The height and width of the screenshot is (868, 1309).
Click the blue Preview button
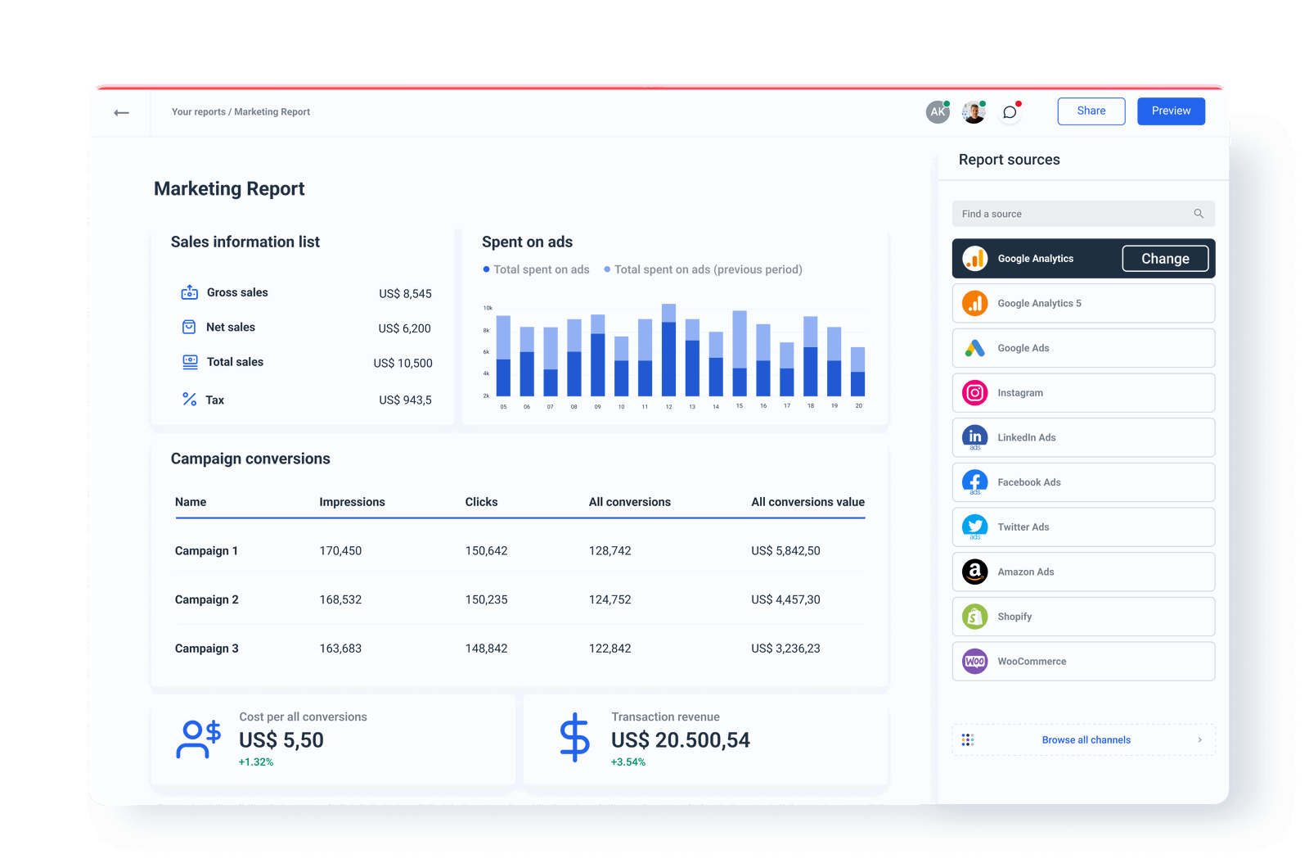click(1171, 111)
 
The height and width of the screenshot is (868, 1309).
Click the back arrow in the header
click(121, 113)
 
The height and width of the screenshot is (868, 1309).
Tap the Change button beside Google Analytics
click(1165, 259)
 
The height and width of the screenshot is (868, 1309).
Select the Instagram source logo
click(974, 393)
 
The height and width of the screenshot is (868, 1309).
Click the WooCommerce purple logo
click(974, 662)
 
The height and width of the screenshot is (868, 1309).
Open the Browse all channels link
click(1086, 740)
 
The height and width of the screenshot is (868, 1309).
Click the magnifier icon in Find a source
click(1199, 214)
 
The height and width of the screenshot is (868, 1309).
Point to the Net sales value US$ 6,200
click(404, 328)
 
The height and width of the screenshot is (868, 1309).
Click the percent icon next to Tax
click(189, 400)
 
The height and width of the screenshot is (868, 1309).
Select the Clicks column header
click(481, 502)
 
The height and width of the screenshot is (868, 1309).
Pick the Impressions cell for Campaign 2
click(340, 599)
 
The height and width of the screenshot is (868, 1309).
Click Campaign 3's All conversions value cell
click(785, 649)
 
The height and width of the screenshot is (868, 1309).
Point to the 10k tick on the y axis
click(488, 308)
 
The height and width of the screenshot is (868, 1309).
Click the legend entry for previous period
click(707, 269)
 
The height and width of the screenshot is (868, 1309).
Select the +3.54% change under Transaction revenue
click(628, 762)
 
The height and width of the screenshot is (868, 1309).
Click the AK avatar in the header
click(937, 112)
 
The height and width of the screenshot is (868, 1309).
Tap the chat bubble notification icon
click(1010, 112)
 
